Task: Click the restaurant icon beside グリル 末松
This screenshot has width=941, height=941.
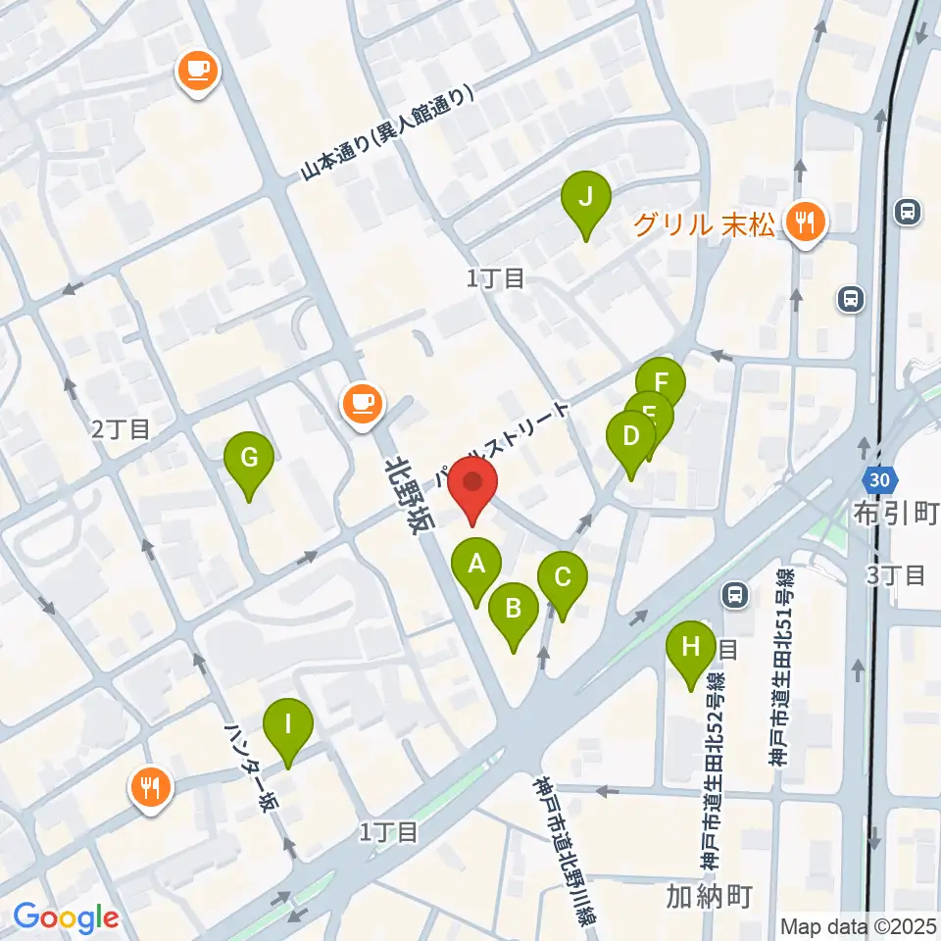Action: pyautogui.click(x=806, y=223)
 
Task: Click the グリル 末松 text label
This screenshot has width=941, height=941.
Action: pyautogui.click(x=704, y=224)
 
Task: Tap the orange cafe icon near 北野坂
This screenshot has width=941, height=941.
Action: pyautogui.click(x=362, y=404)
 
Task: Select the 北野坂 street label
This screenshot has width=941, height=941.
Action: pyautogui.click(x=409, y=494)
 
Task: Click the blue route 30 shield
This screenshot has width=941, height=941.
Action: pyautogui.click(x=879, y=480)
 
